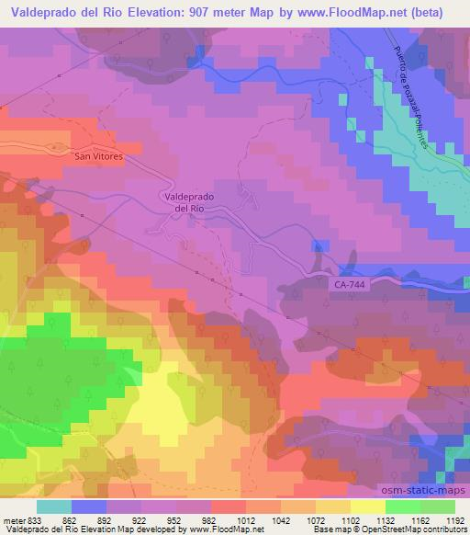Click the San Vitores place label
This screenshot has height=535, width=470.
click(x=97, y=157)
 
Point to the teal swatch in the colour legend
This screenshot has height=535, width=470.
click(x=54, y=507)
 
